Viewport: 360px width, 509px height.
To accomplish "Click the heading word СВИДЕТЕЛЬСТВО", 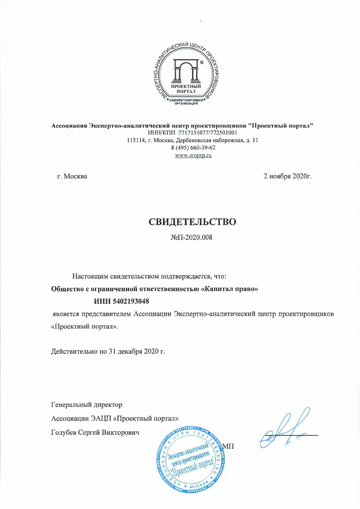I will [192, 222].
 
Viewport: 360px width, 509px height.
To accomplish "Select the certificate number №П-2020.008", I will [191, 237].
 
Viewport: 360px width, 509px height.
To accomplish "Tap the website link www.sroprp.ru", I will [193, 155].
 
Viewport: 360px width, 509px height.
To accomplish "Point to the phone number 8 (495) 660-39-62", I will [193, 148].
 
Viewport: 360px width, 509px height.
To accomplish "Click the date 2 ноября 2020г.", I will [287, 176].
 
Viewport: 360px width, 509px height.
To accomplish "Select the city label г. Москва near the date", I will [72, 176].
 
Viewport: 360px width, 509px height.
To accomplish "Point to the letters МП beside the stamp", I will [228, 446].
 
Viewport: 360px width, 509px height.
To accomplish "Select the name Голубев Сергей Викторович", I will [95, 432].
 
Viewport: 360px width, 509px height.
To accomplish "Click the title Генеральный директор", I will [87, 404].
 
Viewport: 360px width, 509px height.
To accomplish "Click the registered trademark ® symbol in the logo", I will [202, 62].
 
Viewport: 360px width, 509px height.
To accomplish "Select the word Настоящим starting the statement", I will [90, 276].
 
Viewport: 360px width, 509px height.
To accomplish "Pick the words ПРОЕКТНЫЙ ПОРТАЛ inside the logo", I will [186, 89].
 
